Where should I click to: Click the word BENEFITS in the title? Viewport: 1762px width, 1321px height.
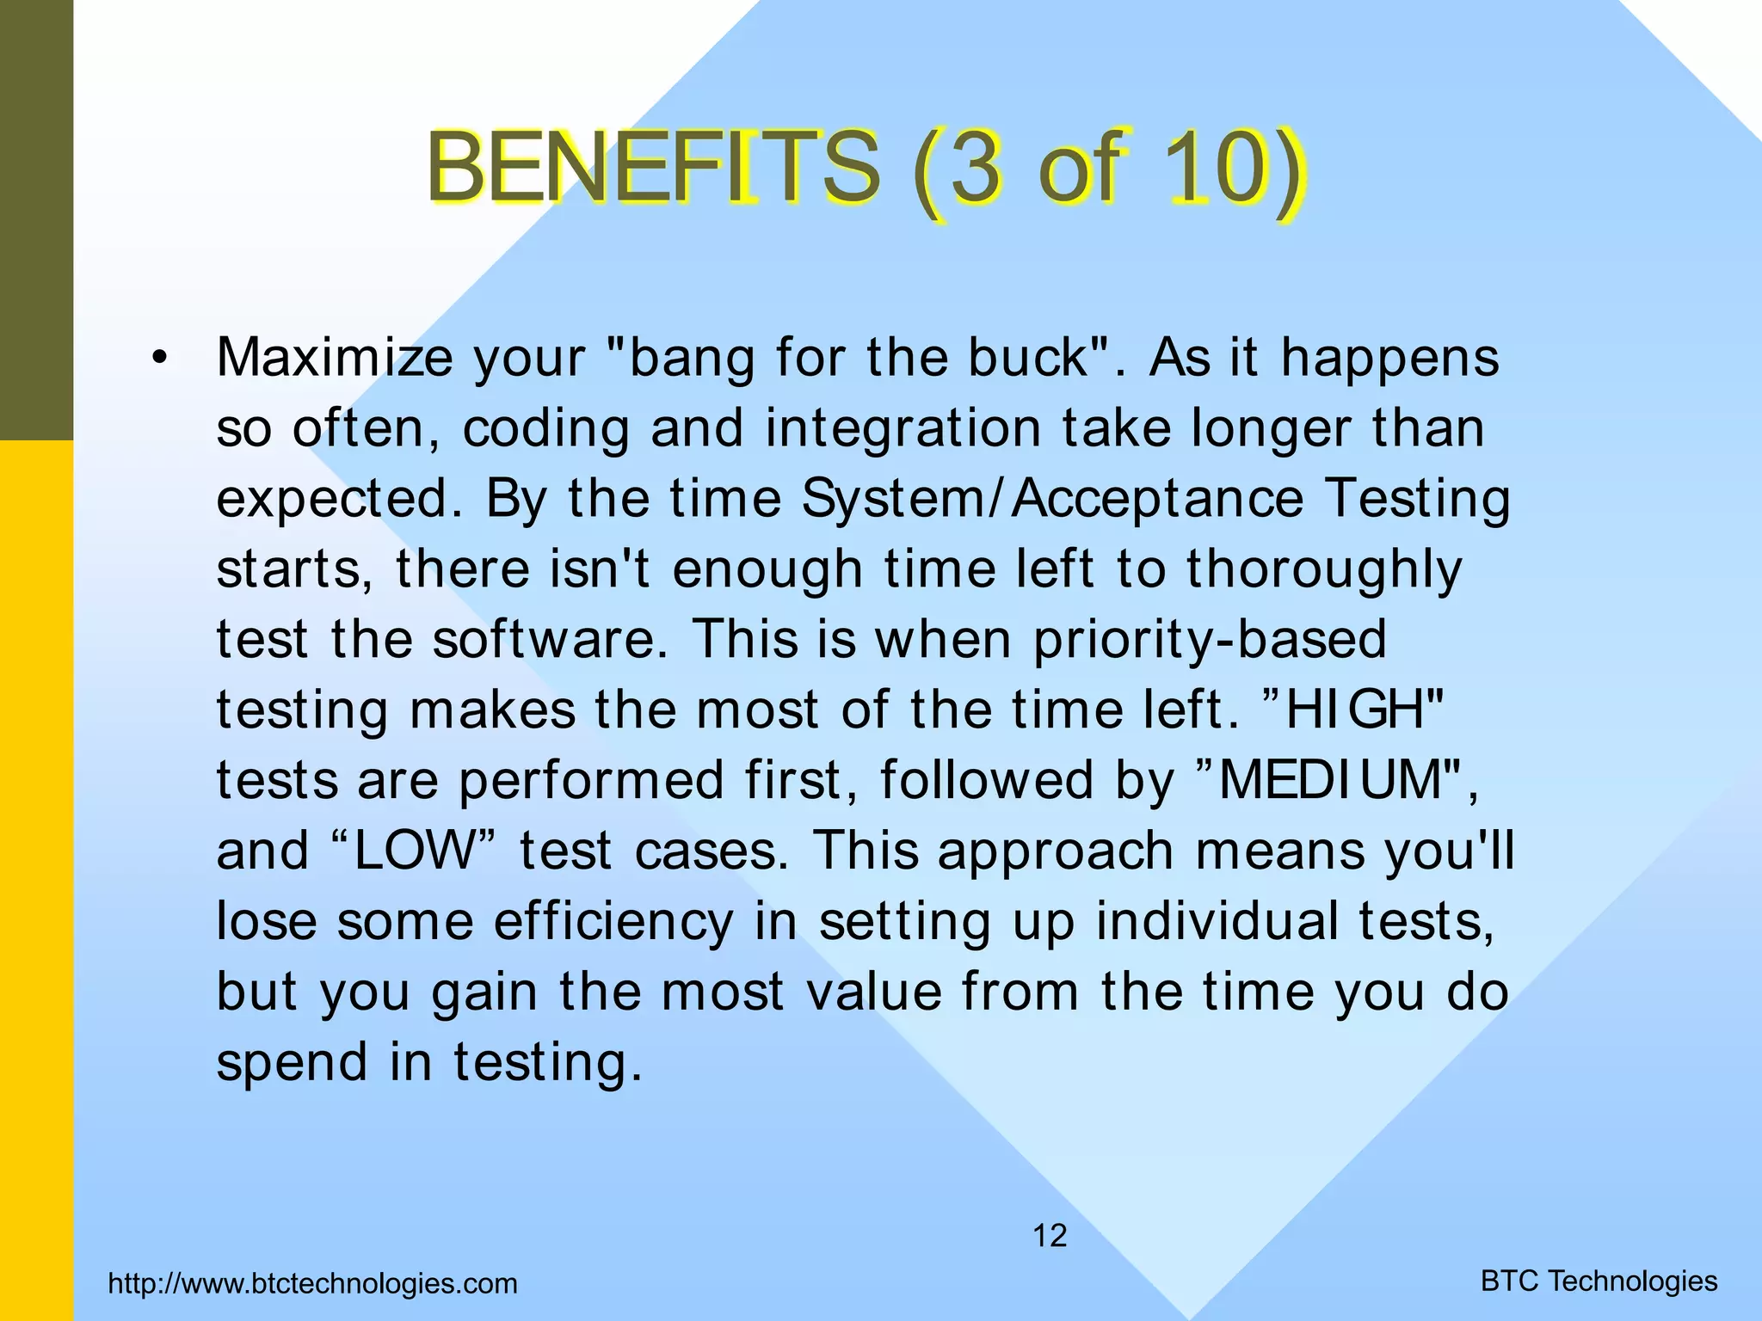point(653,166)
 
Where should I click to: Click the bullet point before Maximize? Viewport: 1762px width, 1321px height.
point(157,359)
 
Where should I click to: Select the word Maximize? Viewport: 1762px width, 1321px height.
point(334,357)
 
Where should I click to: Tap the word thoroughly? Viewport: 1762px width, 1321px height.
point(1324,569)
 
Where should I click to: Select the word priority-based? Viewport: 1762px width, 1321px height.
point(1210,640)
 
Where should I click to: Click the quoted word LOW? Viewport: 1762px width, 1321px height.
point(414,851)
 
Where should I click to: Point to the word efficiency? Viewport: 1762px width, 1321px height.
point(613,921)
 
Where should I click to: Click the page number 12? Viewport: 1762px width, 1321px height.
point(1050,1236)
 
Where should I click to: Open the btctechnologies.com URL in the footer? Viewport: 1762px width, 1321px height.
point(313,1284)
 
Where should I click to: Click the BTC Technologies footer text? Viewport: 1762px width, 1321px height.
point(1599,1281)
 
